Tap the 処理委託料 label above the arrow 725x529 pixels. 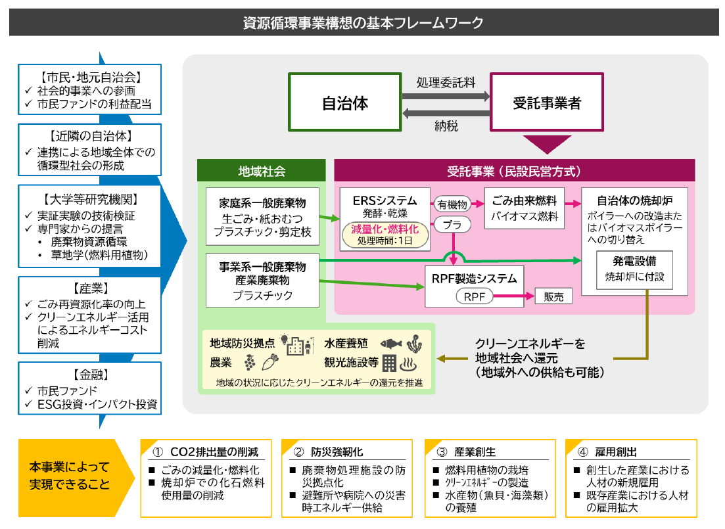click(x=446, y=83)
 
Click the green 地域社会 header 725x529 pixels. click(x=262, y=172)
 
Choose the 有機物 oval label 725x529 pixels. click(x=452, y=204)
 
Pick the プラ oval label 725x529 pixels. click(x=452, y=225)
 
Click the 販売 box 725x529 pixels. click(x=553, y=296)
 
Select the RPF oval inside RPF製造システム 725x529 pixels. click(x=474, y=296)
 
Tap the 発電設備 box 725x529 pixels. click(x=635, y=269)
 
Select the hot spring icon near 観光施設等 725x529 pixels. click(x=408, y=363)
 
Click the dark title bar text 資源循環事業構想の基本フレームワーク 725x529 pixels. click(x=363, y=23)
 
